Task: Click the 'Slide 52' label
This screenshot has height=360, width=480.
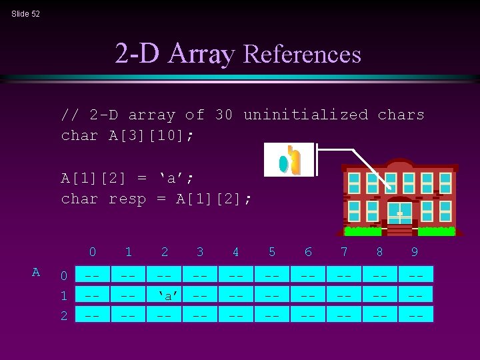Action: (25, 13)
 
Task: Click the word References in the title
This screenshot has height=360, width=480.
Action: (303, 54)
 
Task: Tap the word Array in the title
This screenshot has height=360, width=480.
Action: (201, 54)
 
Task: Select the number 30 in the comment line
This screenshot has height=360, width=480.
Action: (224, 115)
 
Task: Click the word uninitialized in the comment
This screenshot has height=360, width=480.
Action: (305, 115)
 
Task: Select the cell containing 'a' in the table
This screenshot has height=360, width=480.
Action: (164, 294)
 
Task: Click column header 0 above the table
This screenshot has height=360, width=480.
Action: (92, 252)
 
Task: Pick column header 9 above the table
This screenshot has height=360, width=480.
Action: (415, 252)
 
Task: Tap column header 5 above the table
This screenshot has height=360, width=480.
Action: (271, 252)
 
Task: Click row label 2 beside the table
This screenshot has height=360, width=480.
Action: (64, 315)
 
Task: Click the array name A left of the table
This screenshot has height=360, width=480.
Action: (36, 272)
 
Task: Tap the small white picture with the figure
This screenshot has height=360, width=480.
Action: (289, 160)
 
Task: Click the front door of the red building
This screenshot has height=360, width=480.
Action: (400, 215)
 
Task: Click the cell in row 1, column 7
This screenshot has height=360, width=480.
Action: (343, 294)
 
